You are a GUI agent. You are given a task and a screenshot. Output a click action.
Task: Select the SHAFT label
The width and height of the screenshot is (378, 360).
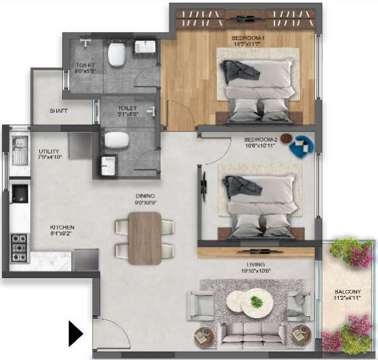coord(59,111)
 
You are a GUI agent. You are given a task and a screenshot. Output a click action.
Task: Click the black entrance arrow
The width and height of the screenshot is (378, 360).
coord(76,333)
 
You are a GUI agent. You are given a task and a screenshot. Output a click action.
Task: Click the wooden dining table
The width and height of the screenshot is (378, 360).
coord(145,238)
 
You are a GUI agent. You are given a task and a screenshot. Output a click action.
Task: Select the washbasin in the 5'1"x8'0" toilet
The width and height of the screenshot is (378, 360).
coord(107,166)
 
